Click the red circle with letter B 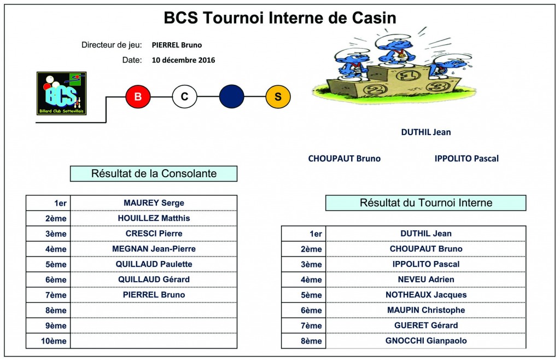[138, 96]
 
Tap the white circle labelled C [185, 96]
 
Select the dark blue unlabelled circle [231, 96]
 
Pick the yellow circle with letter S [278, 96]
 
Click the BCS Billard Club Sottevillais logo [61, 93]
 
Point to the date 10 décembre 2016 [183, 60]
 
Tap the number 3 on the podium [438, 86]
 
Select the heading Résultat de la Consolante [154, 173]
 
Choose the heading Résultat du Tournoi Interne [425, 203]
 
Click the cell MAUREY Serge [154, 203]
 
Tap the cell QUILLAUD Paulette [154, 264]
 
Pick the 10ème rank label [54, 341]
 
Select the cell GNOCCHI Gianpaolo [425, 341]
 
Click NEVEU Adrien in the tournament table [425, 280]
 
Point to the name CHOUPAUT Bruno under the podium [345, 159]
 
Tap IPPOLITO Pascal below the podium [466, 159]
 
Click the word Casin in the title [374, 18]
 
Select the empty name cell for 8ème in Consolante [154, 310]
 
